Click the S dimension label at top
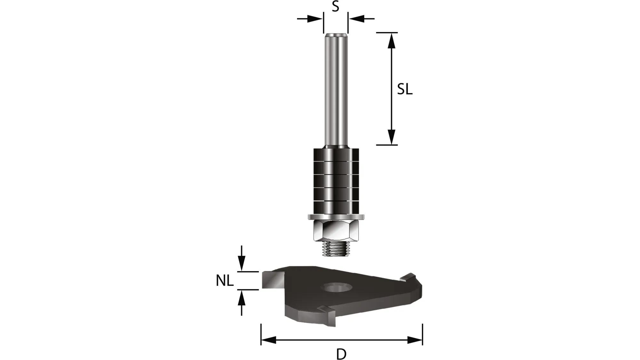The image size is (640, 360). tap(335, 6)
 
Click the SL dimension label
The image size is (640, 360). tap(404, 89)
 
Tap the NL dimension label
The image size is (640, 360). tap(224, 281)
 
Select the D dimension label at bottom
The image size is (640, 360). tap(341, 354)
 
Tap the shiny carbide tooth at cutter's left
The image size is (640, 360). tap(272, 279)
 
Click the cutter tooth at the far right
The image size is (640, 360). tap(409, 277)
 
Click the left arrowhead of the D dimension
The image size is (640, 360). tap(268, 340)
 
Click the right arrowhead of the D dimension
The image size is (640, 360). tap(415, 340)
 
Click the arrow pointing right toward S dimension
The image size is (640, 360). tap(315, 19)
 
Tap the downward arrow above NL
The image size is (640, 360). tap(242, 264)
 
